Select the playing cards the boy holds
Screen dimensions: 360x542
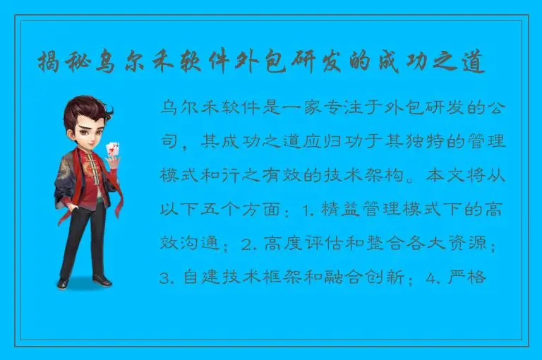pos(111,150)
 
